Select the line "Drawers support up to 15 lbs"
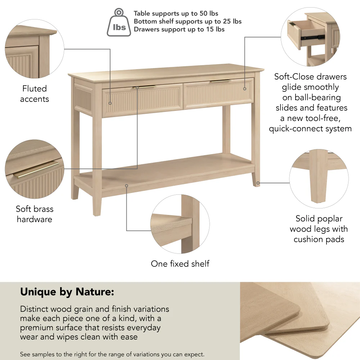coord(179,30)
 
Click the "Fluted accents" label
coord(35,94)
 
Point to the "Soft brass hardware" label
coord(35,214)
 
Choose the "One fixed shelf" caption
coord(180,264)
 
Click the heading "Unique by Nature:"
coord(67,292)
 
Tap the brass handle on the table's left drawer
coord(144,87)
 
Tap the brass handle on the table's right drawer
coord(221,81)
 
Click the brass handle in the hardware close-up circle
coord(38,170)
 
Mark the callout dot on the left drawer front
coord(110,103)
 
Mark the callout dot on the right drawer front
coord(244,88)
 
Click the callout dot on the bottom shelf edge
coord(127,186)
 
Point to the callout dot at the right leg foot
coord(258,183)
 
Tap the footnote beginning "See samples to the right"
coord(112,354)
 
